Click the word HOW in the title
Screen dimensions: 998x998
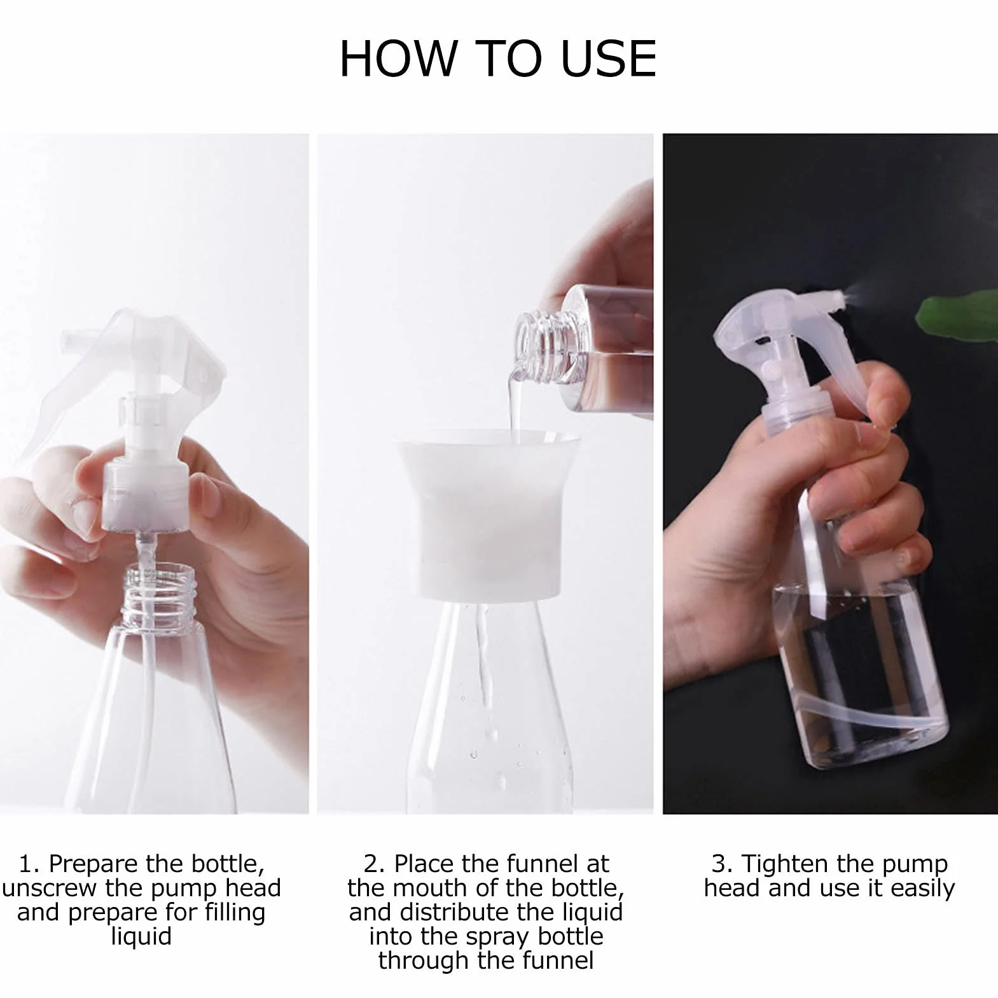[398, 59]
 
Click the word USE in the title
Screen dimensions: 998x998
[608, 59]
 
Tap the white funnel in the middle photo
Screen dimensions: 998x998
[488, 514]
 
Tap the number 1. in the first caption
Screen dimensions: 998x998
[29, 864]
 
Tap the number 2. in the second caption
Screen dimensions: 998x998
[375, 864]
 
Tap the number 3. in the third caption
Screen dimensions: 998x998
[722, 864]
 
